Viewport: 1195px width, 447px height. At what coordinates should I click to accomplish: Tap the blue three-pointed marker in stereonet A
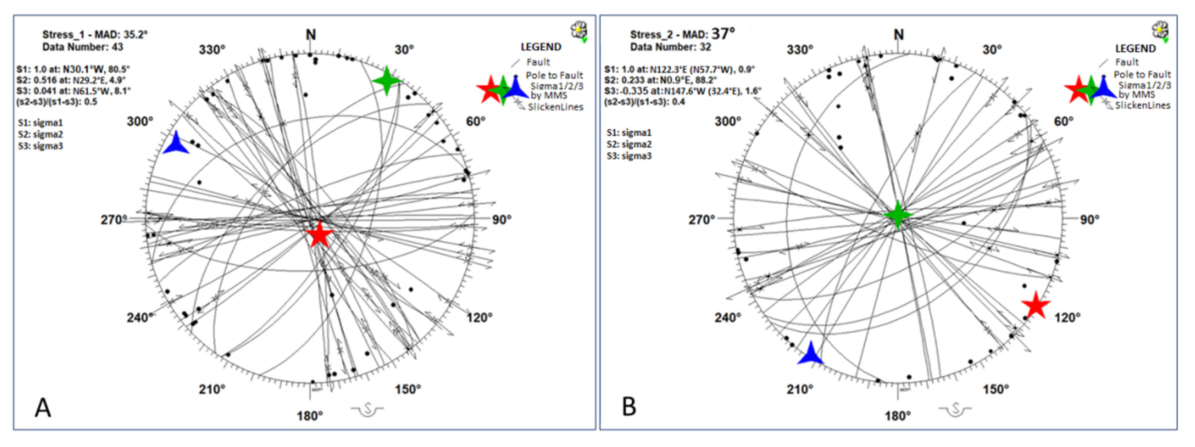(x=175, y=143)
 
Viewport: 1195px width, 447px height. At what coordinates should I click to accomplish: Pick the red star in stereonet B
(x=1035, y=305)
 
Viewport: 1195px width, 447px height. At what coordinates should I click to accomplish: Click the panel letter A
(x=43, y=408)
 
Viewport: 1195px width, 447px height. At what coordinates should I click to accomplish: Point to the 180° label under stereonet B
(x=897, y=416)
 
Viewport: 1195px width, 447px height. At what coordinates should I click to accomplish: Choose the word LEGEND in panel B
(x=1135, y=48)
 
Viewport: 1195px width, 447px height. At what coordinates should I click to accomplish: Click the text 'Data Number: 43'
(x=82, y=47)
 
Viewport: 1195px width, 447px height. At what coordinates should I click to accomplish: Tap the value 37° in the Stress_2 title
(x=724, y=33)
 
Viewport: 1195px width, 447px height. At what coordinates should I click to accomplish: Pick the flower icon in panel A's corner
(x=578, y=31)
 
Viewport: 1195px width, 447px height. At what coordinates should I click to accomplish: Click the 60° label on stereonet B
(x=1063, y=122)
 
